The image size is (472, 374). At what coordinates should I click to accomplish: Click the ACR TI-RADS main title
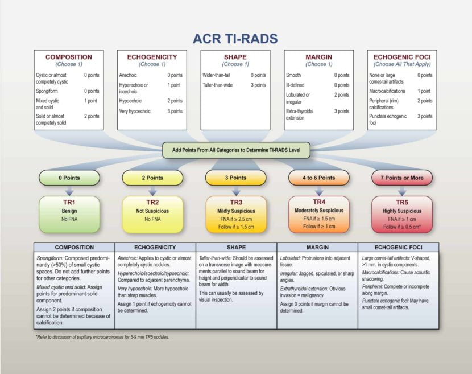click(235, 39)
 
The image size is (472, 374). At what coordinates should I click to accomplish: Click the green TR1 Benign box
click(69, 214)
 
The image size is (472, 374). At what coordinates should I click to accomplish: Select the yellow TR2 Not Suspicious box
click(152, 214)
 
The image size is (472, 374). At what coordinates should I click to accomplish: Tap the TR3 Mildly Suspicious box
click(235, 214)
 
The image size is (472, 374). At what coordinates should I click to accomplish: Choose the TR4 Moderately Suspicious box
click(318, 214)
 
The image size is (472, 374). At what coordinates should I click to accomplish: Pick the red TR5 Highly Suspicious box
click(402, 214)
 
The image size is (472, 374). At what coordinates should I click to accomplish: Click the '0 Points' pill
click(69, 178)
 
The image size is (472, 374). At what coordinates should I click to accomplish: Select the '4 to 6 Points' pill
click(318, 178)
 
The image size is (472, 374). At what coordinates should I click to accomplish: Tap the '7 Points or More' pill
click(402, 178)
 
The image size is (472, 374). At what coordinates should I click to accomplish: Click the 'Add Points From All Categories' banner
click(236, 150)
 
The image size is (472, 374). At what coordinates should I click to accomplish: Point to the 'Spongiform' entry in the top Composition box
click(49, 91)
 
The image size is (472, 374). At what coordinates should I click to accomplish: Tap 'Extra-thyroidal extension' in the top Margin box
click(300, 114)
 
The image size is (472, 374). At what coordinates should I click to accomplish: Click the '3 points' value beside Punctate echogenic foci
click(424, 116)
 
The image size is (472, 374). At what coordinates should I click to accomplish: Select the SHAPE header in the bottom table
click(236, 247)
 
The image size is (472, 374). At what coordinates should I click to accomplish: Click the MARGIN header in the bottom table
click(317, 247)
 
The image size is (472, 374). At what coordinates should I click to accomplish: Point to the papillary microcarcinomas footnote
click(102, 337)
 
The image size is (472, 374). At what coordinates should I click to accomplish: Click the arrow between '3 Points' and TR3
click(235, 191)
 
